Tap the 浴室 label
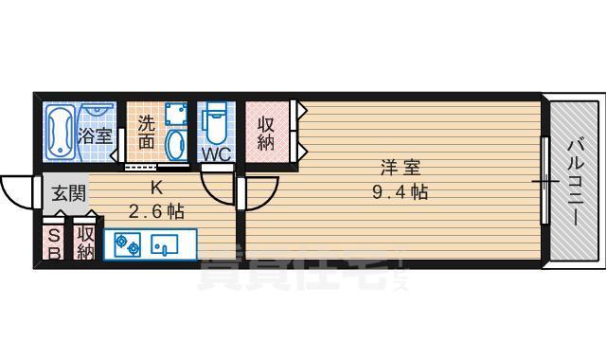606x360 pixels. [x=96, y=135]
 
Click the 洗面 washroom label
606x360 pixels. [x=146, y=133]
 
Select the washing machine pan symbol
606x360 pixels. [x=174, y=115]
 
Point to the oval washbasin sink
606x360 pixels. [x=176, y=146]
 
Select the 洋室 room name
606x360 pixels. [x=400, y=168]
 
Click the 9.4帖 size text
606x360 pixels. [x=400, y=192]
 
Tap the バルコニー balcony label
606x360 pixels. [x=575, y=180]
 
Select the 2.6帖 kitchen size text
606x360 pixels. [x=157, y=210]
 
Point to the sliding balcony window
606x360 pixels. [x=546, y=180]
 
